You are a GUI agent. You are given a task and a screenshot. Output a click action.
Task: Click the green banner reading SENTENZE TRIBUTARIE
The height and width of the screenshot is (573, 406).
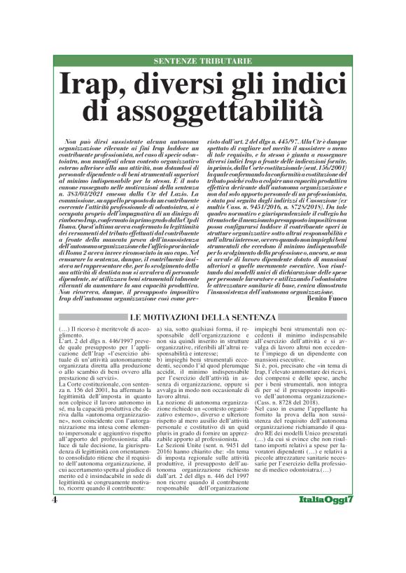[202, 61]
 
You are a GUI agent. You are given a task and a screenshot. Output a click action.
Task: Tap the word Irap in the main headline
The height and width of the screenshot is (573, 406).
[91, 84]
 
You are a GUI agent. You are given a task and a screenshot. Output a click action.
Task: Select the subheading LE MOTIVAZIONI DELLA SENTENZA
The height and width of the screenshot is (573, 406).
[202, 317]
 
